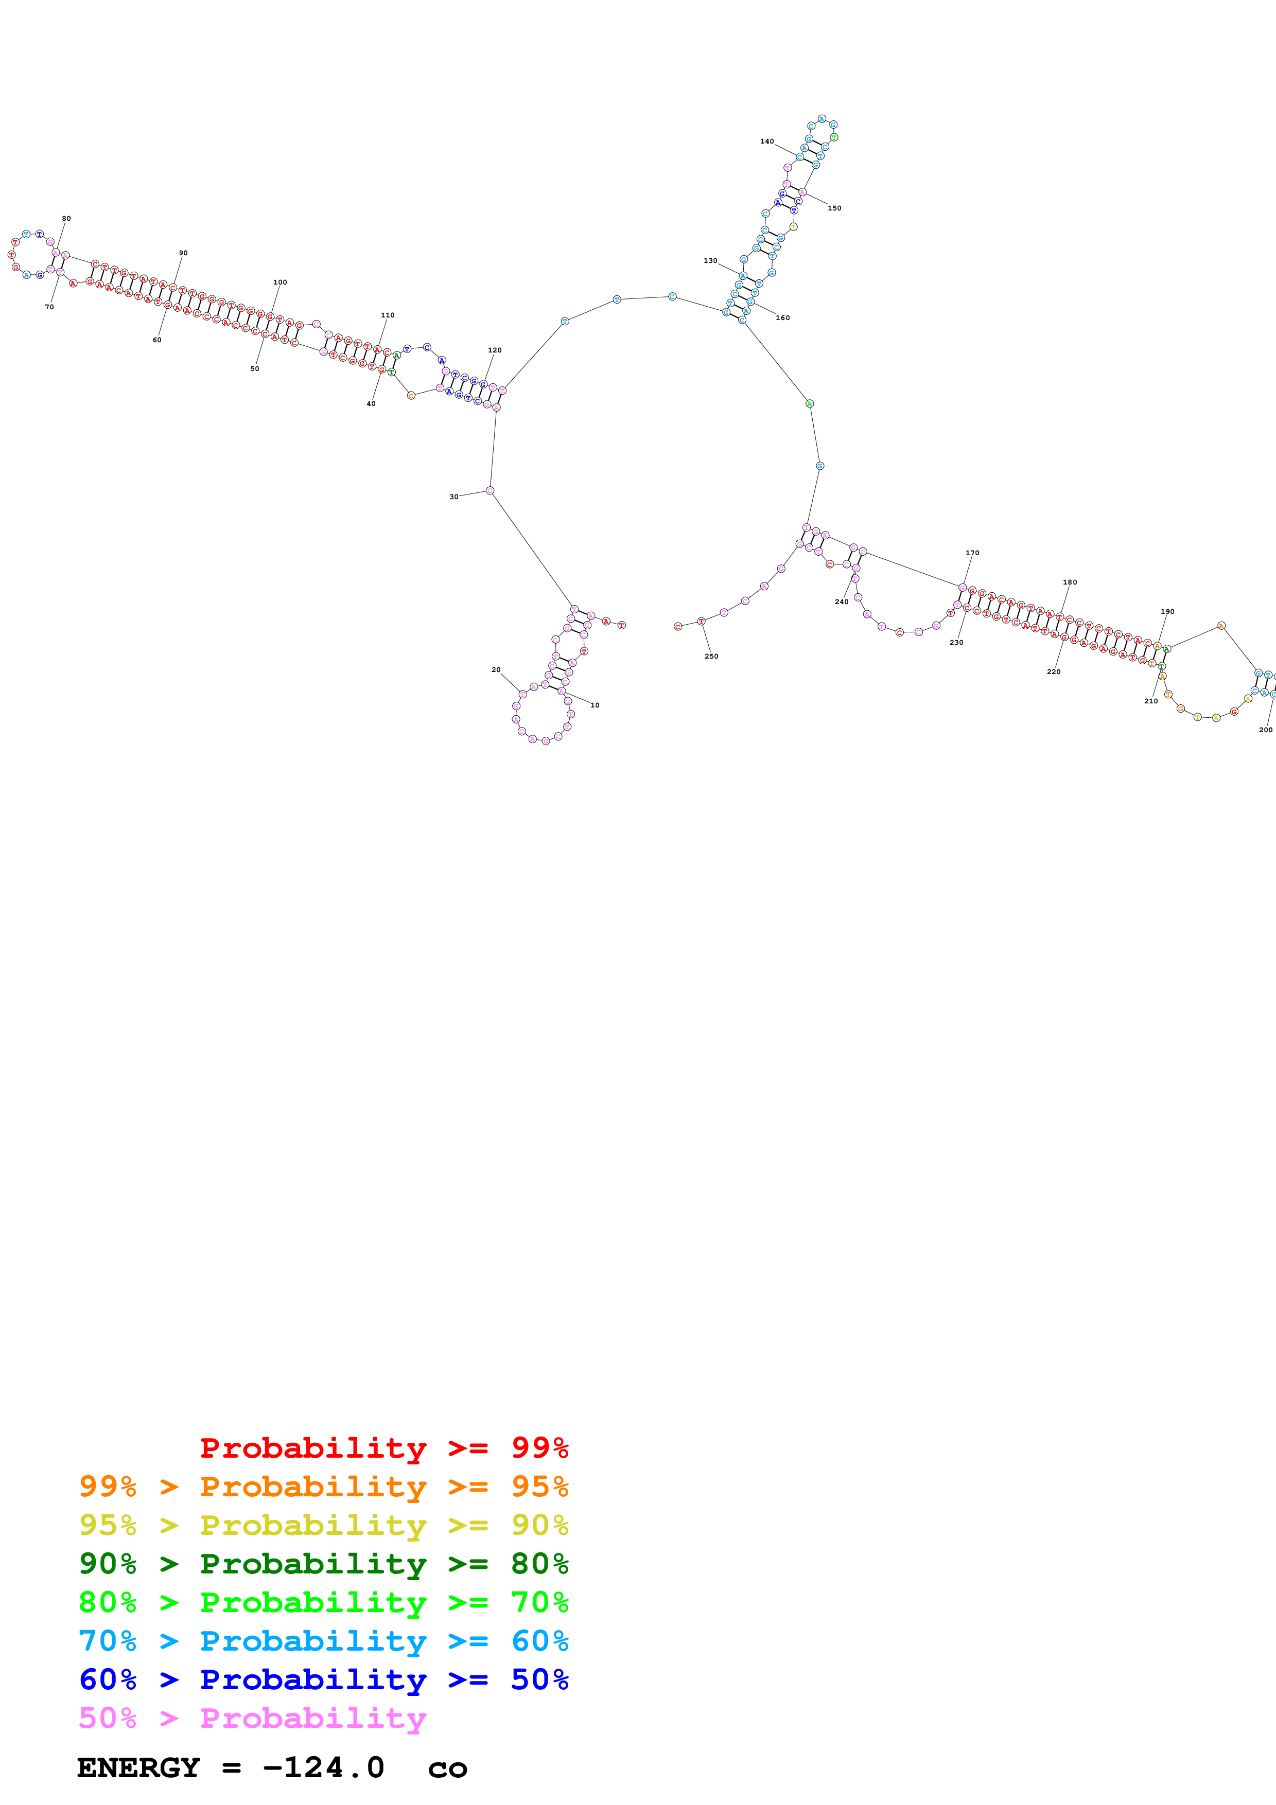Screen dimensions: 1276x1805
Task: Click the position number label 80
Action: tap(66, 219)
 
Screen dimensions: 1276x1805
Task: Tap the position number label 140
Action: tap(766, 141)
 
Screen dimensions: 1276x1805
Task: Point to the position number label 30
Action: tap(453, 497)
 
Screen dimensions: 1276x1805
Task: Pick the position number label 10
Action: tap(595, 705)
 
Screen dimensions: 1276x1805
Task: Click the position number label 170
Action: tap(972, 553)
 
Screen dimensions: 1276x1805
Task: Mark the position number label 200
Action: tap(1265, 730)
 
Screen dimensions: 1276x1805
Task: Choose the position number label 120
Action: tap(495, 350)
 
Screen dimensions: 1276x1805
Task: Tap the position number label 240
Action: tap(841, 601)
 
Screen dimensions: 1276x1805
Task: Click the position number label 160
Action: tap(782, 317)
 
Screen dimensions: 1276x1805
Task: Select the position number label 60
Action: tap(157, 340)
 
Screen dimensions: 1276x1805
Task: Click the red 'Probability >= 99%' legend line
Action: tap(383, 1447)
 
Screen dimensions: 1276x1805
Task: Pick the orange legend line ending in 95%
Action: tap(323, 1486)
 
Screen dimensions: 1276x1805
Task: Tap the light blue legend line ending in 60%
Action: tap(323, 1641)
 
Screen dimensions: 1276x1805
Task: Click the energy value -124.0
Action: tap(323, 1768)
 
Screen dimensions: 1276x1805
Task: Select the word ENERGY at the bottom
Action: tap(138, 1768)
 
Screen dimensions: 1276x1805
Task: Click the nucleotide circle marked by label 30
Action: tap(490, 490)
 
